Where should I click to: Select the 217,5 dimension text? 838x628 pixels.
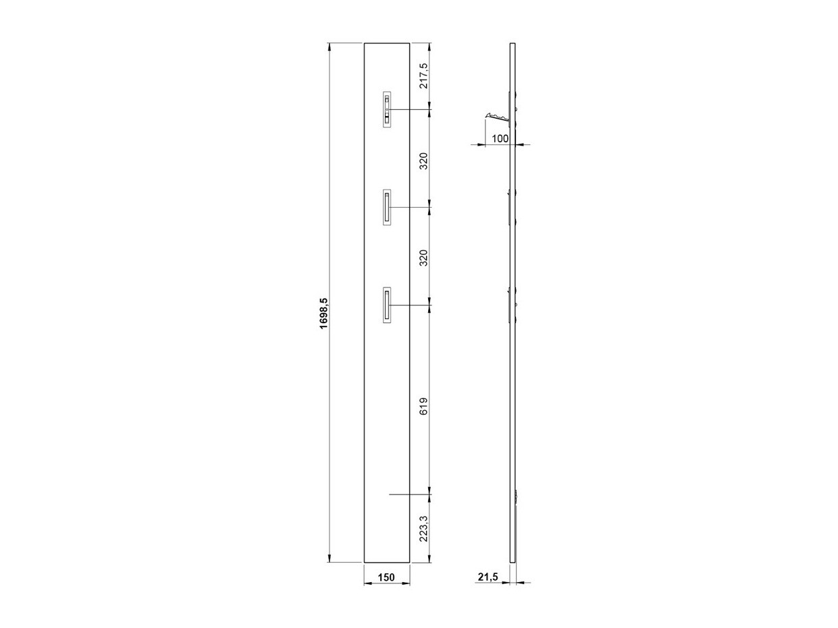tap(424, 76)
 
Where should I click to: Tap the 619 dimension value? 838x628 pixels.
tap(424, 406)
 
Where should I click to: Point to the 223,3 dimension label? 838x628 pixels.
tap(424, 528)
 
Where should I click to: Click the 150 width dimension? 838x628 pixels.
tap(386, 588)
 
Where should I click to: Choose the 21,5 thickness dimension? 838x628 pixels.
tap(488, 588)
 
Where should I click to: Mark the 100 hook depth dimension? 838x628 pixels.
tap(500, 138)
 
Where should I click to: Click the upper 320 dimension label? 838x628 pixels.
tap(424, 161)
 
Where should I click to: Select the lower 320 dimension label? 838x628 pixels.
tap(424, 258)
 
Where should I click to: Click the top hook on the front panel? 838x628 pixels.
tap(387, 109)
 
